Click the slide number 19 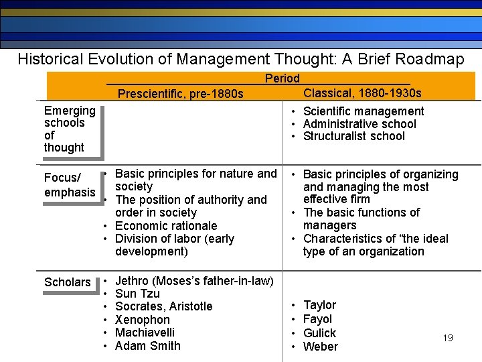(x=448, y=338)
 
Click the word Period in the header (x=282, y=78)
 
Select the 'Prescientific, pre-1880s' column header (x=180, y=94)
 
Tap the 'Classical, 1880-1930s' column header (x=362, y=93)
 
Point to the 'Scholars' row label (x=67, y=282)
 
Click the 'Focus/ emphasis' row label (x=70, y=185)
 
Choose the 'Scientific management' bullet (x=363, y=111)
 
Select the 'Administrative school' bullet (x=359, y=124)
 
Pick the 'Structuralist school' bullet (x=353, y=136)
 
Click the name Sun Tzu (x=137, y=294)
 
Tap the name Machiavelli (x=145, y=333)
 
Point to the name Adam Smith (x=147, y=346)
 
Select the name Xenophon (x=143, y=320)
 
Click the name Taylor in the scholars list (x=319, y=305)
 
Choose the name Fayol (x=317, y=319)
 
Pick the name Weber (x=320, y=347)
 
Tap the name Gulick (x=319, y=333)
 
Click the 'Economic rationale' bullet (x=166, y=226)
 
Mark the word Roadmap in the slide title (x=429, y=59)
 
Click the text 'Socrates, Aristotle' (x=163, y=306)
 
